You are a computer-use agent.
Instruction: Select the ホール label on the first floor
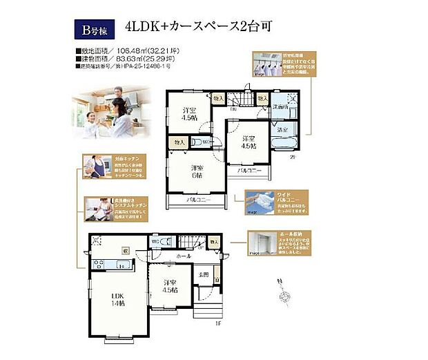tap(183, 256)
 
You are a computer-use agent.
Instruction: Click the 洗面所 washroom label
tap(279, 107)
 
